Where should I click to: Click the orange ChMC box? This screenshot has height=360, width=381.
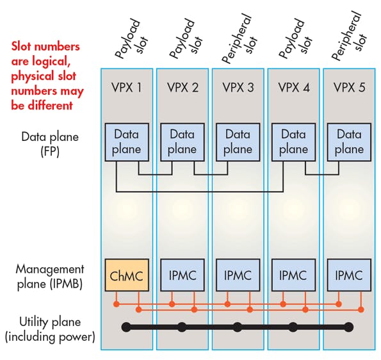(127, 275)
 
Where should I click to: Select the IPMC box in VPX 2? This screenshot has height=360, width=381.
(182, 275)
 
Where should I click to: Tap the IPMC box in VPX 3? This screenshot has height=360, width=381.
(238, 275)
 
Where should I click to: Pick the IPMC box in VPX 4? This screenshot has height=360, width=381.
(293, 275)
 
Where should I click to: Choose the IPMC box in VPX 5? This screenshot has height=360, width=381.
(349, 275)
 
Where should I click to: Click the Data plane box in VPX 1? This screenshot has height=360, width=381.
(127, 142)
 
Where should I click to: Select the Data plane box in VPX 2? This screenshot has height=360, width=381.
(182, 142)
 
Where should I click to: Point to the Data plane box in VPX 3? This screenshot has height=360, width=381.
(238, 142)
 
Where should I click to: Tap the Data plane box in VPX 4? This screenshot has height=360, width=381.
(293, 142)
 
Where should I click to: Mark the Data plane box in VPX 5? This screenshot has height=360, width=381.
(349, 142)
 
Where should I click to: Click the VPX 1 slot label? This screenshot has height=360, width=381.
(127, 87)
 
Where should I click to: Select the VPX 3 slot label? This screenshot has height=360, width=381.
(238, 87)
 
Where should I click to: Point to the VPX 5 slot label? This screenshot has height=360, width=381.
(349, 87)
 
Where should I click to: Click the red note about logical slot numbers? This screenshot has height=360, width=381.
(47, 75)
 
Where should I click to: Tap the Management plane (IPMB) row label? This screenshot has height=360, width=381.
(49, 276)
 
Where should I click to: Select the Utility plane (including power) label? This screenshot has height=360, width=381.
(49, 329)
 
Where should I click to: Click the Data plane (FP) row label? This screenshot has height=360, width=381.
(49, 143)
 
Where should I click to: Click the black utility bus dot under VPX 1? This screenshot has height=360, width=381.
(127, 327)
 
